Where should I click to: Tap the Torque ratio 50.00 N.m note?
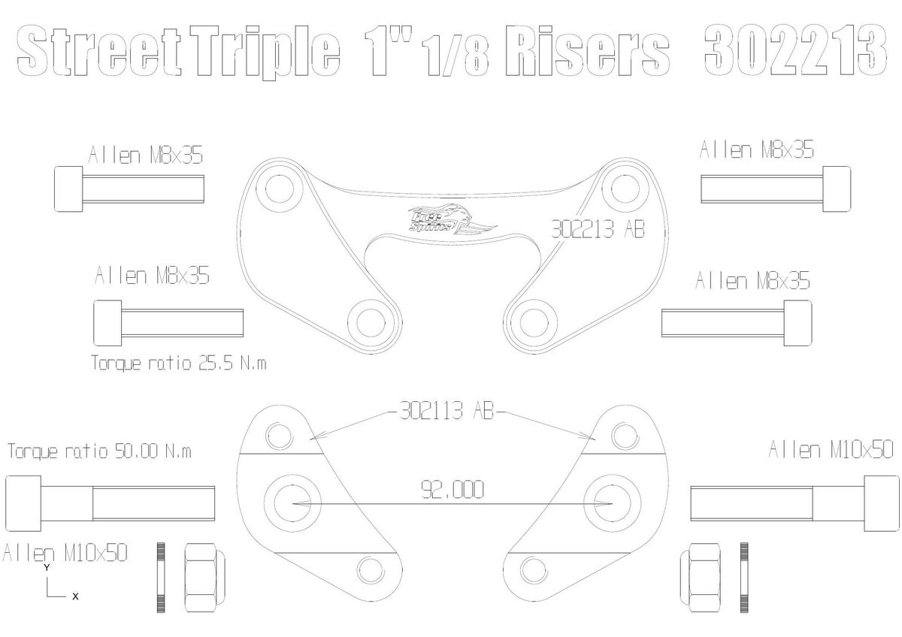click(99, 451)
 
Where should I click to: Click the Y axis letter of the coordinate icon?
click(47, 569)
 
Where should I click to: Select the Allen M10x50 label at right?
click(831, 450)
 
